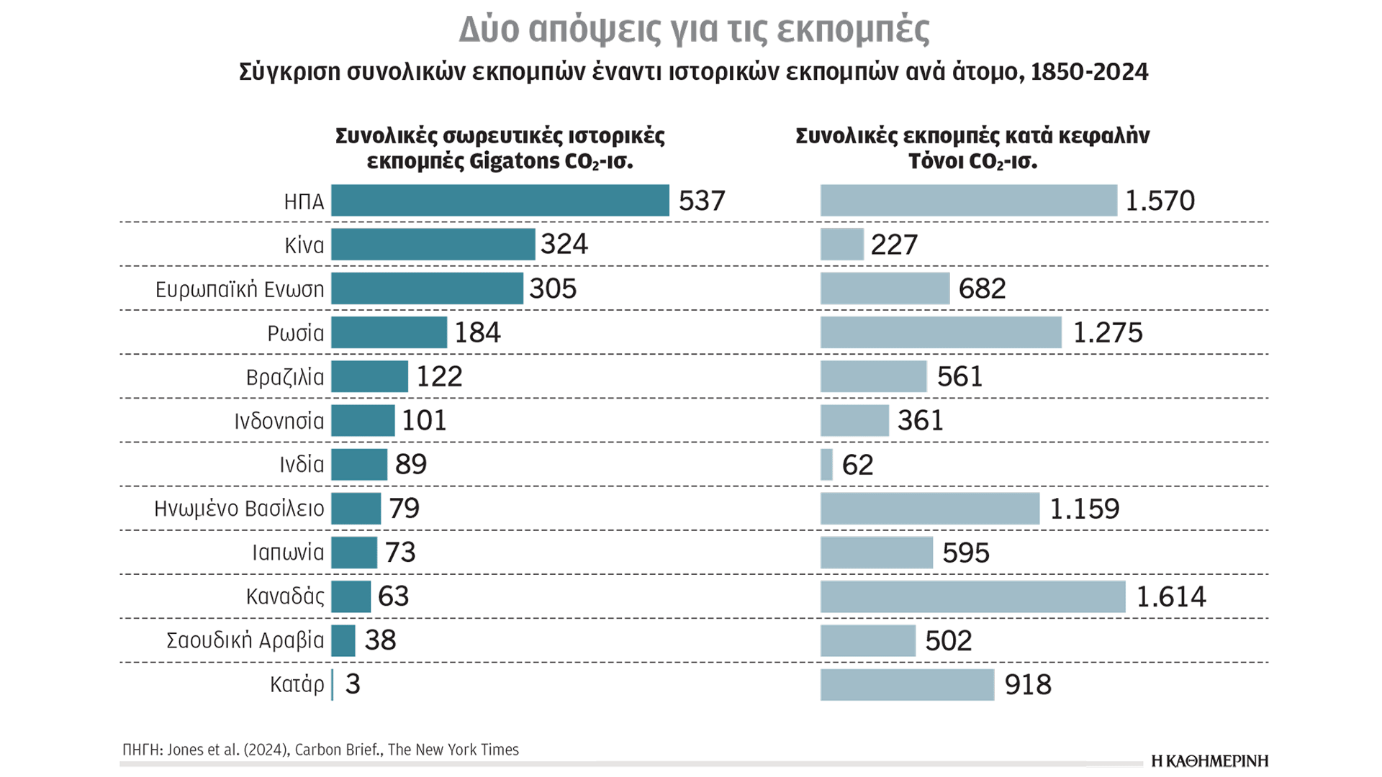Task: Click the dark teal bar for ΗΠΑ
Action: (500, 200)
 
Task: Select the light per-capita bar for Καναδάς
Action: (972, 596)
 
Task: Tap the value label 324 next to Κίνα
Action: (564, 244)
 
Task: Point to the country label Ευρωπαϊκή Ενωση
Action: (240, 289)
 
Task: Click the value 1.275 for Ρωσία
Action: (1107, 332)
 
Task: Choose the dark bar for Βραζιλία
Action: (369, 376)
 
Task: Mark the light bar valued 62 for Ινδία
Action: (826, 464)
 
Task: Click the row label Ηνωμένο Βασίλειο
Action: (239, 509)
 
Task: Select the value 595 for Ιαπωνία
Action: (965, 553)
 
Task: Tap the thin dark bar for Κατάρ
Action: (333, 684)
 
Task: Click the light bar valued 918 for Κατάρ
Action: (907, 684)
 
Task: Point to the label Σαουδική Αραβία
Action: (245, 640)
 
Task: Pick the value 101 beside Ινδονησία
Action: (424, 420)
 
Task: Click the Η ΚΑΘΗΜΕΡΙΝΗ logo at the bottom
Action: (1209, 761)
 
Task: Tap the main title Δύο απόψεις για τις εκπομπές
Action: (694, 29)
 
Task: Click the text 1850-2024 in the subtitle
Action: (1089, 72)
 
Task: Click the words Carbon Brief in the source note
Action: (337, 750)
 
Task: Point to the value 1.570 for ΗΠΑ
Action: (1159, 200)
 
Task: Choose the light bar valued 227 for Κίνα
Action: (841, 245)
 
